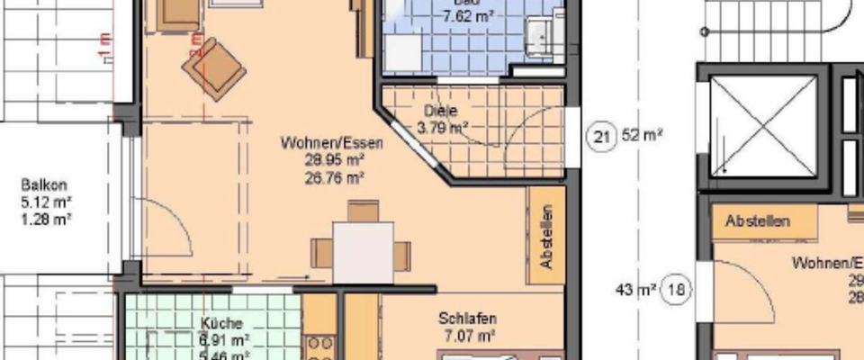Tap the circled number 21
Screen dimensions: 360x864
coord(601,138)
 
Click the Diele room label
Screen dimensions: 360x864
coord(440,112)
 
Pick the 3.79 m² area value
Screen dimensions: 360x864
coord(441,127)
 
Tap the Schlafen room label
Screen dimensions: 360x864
coord(468,319)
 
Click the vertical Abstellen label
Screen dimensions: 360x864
coord(545,238)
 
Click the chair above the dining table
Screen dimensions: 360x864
coord(364,211)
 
